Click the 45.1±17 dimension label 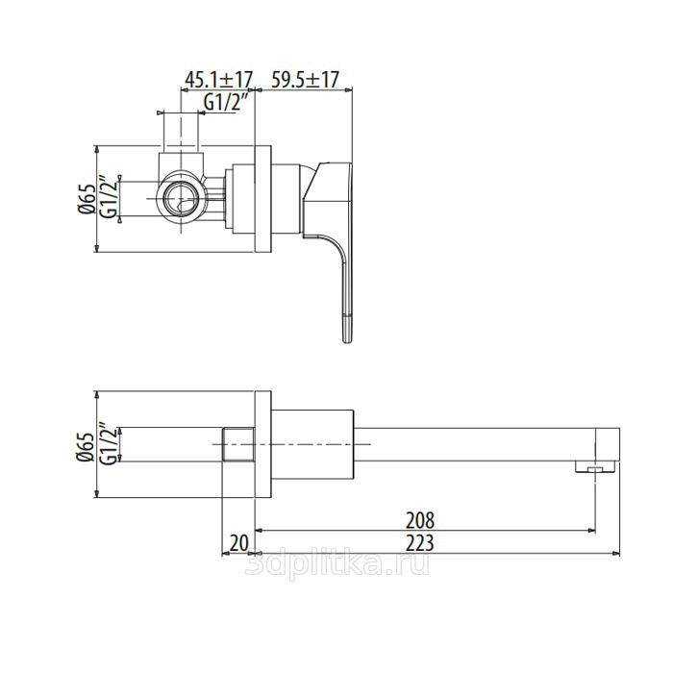point(218,80)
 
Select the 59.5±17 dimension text point(305,80)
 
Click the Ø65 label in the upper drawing point(87,199)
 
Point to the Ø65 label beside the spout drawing point(86,446)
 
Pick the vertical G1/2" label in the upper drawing point(109,197)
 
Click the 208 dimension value point(420,520)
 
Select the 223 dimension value point(420,542)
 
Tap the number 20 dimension point(239,543)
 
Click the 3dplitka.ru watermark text point(336,563)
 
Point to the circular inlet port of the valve point(182,199)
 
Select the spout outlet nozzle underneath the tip point(596,467)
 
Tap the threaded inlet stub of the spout point(238,444)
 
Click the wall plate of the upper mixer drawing point(263,199)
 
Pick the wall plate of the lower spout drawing point(263,444)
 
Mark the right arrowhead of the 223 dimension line point(617,553)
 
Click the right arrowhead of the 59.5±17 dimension point(348,89)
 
